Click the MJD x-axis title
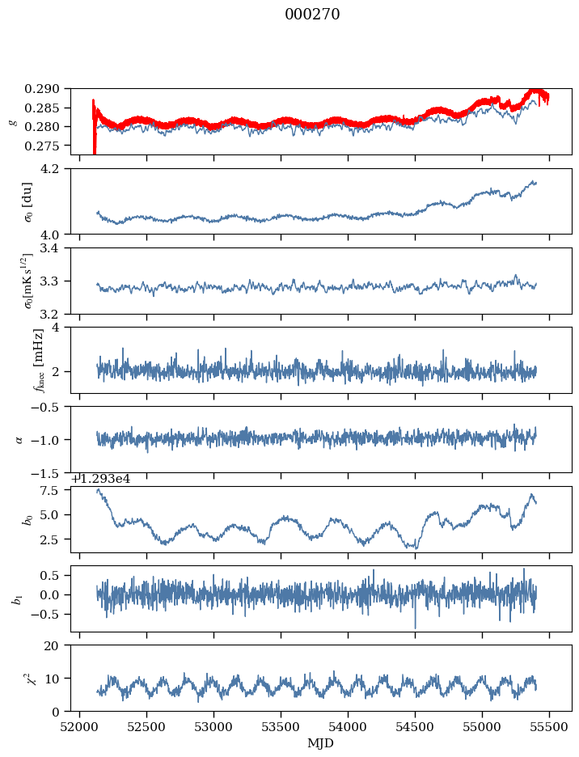tap(321, 743)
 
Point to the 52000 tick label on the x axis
tap(79, 726)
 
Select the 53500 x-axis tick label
tap(281, 726)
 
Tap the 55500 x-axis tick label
tap(550, 726)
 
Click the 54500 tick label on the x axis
tap(416, 726)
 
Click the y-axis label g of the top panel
tap(12, 121)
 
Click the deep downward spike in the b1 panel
tap(416, 627)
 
